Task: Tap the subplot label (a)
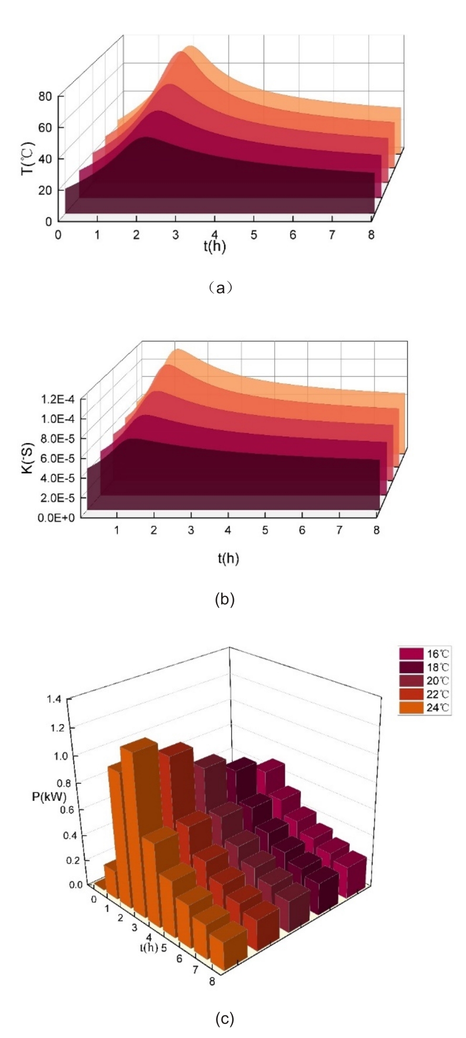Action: click(x=220, y=287)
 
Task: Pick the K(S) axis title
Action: click(x=28, y=458)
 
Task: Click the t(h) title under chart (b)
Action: click(x=229, y=559)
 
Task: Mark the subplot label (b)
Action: click(x=225, y=600)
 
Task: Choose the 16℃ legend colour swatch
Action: click(x=411, y=653)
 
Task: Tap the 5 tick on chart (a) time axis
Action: click(x=254, y=235)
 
